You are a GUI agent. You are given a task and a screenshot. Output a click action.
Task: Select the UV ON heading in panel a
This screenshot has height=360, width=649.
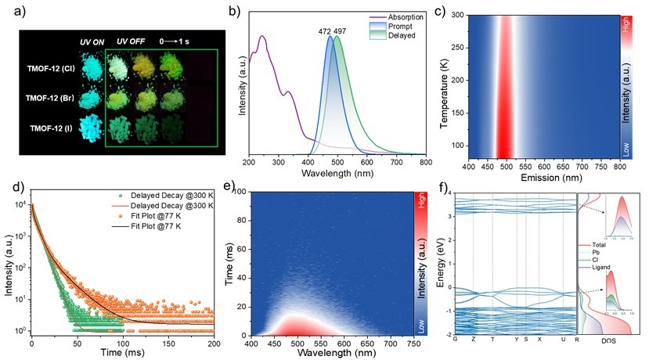click(91, 40)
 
